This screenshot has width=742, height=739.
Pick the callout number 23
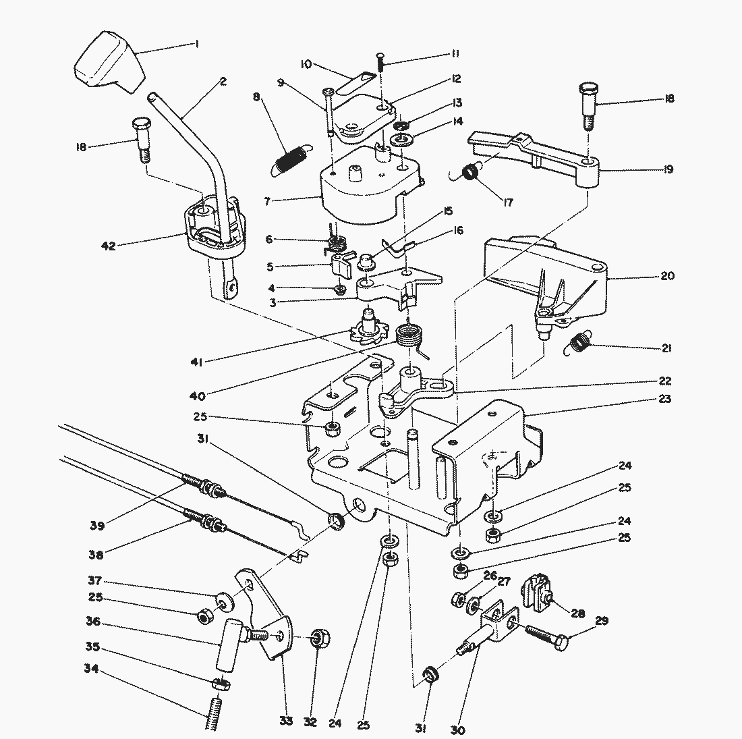[x=665, y=399]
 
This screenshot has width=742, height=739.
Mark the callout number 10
[x=306, y=64]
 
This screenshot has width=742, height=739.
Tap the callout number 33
[x=287, y=721]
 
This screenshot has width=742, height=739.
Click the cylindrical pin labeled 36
[x=227, y=645]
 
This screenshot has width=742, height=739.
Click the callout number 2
[x=223, y=82]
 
